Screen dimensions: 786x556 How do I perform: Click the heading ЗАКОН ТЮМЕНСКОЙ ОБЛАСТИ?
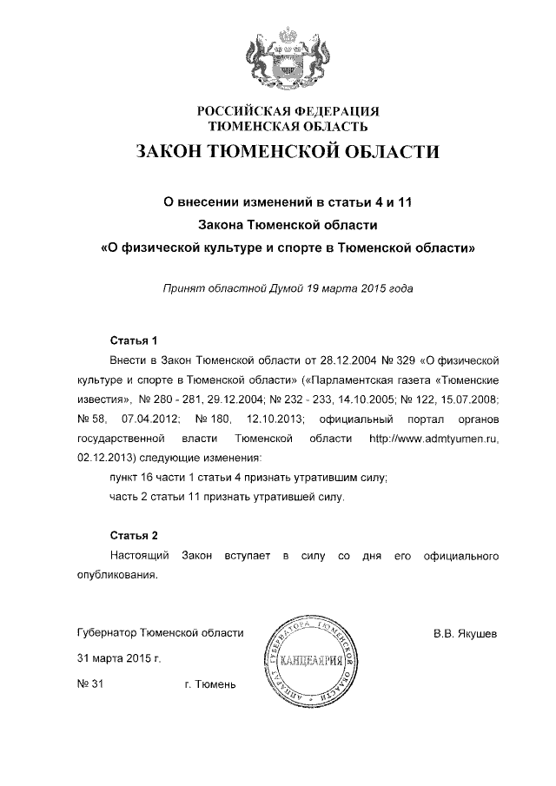point(287,153)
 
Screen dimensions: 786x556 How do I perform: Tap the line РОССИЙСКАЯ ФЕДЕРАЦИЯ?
point(288,111)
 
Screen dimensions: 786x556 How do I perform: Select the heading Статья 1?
point(133,339)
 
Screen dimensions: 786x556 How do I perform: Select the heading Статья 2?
point(133,533)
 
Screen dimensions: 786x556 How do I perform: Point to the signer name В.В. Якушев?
point(466,633)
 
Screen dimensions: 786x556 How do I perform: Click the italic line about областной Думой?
point(288,289)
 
